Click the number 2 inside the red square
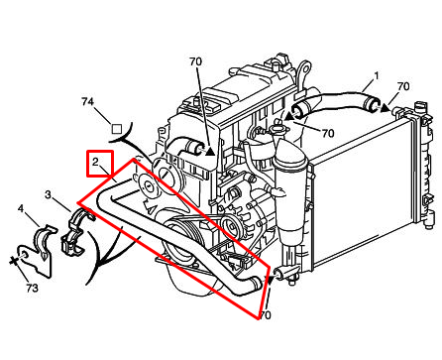[95, 162]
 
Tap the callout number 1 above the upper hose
[376, 76]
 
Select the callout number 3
[49, 194]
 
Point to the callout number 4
[21, 209]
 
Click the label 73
[32, 289]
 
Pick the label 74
[88, 102]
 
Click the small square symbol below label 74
[117, 129]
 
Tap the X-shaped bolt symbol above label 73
[14, 261]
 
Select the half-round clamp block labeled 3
[75, 234]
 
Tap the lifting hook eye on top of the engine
[303, 71]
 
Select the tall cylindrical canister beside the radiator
[289, 198]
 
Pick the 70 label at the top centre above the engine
[195, 61]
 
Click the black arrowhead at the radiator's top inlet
[386, 108]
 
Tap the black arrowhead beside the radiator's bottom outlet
[271, 280]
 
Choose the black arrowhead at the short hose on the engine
[211, 151]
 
